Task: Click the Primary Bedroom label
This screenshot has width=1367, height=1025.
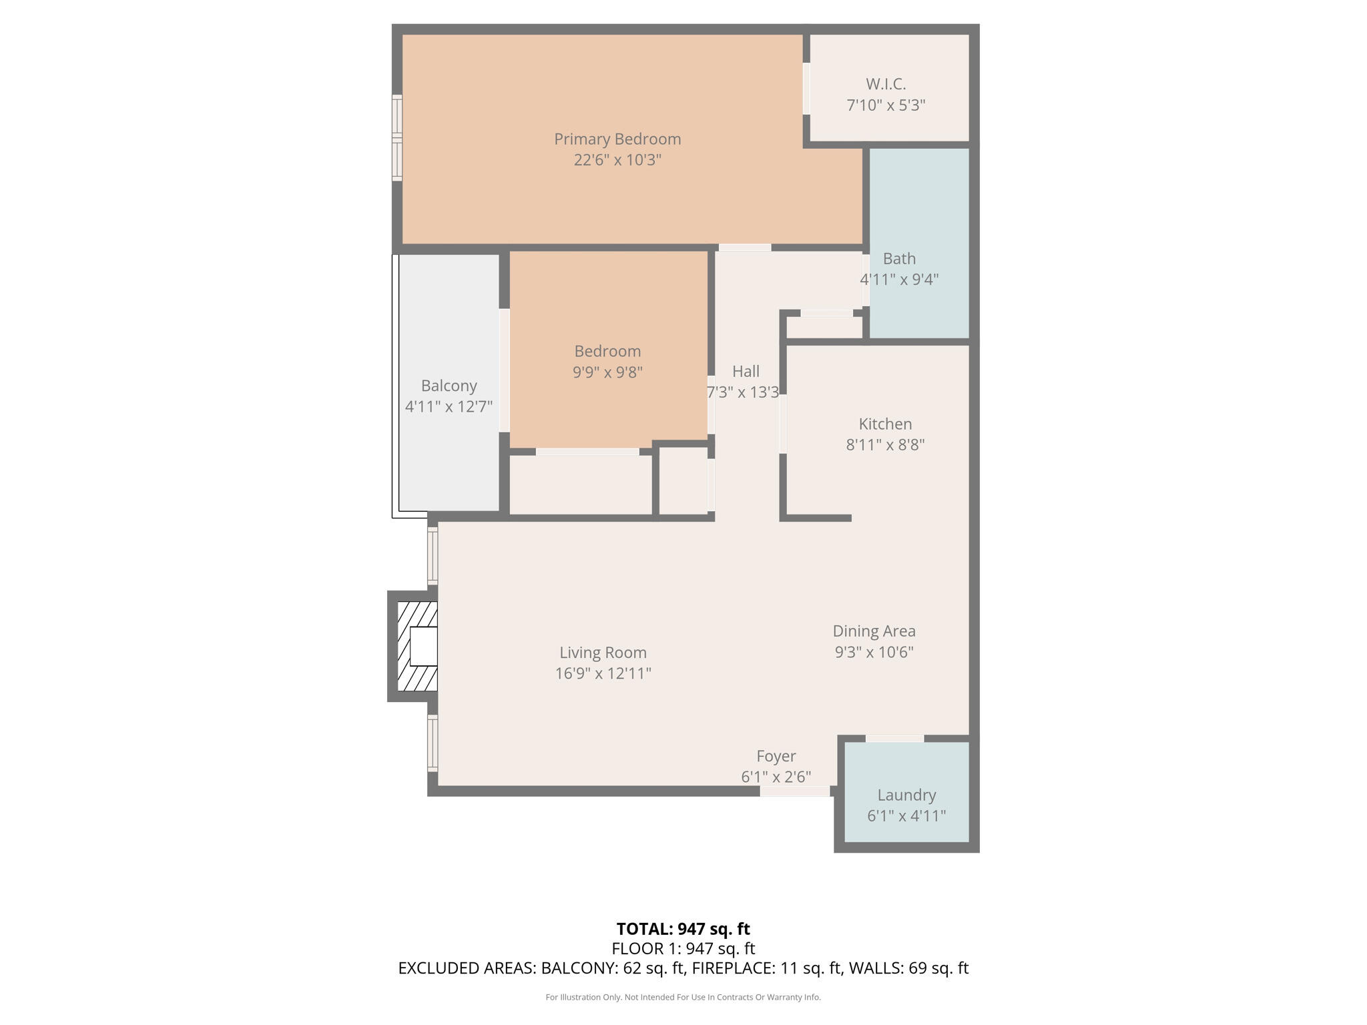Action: [617, 139]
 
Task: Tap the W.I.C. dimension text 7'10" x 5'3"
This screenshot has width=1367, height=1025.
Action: [886, 105]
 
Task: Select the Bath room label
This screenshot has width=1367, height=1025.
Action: [899, 258]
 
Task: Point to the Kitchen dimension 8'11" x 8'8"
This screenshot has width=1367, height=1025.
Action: [885, 444]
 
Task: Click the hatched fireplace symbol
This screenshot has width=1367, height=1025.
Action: [417, 646]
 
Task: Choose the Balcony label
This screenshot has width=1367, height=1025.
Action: [449, 386]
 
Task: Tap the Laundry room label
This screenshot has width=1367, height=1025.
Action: [906, 795]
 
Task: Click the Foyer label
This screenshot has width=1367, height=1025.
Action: [776, 756]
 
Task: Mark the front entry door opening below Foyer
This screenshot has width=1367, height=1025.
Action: [794, 791]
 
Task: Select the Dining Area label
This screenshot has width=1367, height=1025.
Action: [874, 631]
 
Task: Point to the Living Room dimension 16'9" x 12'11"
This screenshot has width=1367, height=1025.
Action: [603, 673]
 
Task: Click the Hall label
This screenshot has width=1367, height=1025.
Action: [746, 371]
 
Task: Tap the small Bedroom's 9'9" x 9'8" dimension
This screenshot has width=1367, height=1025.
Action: [607, 372]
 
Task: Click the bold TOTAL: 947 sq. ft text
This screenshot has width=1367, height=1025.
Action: [683, 929]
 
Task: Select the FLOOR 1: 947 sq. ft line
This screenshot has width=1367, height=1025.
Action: [683, 948]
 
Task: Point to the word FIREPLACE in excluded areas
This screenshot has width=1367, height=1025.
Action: [732, 968]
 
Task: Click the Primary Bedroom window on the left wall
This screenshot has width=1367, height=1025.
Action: [397, 138]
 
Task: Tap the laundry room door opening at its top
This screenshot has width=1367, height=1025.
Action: [894, 738]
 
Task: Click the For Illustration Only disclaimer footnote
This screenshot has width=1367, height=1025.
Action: [683, 997]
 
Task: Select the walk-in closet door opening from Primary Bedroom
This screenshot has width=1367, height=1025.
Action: [806, 89]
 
